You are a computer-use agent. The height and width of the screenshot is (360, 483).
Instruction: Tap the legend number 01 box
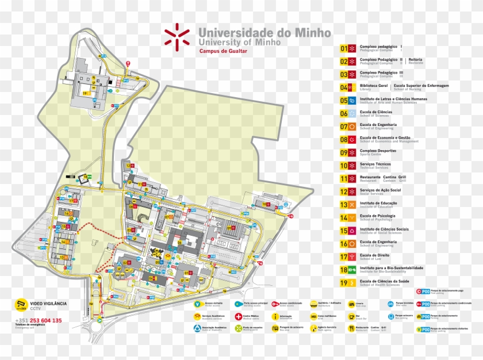(344, 48)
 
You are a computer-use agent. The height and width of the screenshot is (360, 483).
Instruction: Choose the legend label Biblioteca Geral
(374, 86)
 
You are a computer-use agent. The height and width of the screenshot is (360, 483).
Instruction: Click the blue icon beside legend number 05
(352, 100)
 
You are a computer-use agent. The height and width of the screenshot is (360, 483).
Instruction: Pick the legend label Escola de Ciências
(376, 112)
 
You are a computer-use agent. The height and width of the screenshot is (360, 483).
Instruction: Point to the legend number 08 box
(344, 139)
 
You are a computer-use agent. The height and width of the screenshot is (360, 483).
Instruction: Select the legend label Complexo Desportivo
(378, 151)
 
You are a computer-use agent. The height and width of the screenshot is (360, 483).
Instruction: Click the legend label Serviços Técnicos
(375, 164)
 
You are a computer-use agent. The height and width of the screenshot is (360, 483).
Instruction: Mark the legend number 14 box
(344, 217)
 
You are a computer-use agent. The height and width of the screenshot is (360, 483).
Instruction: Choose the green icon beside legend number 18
(352, 269)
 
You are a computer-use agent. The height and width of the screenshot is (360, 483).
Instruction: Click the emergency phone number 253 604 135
(47, 320)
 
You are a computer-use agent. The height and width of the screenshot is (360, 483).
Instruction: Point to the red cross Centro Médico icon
(238, 316)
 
